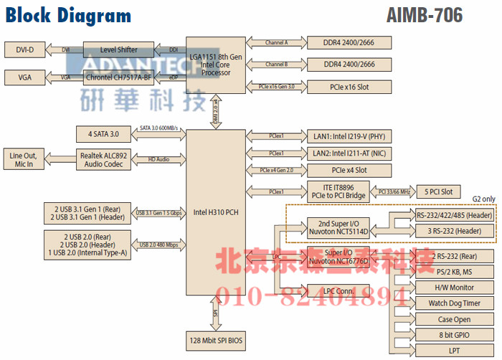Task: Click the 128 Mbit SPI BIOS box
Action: pos(215,338)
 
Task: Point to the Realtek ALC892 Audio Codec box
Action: pos(105,159)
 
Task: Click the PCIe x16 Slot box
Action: pos(349,87)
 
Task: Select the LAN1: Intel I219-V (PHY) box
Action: pos(349,136)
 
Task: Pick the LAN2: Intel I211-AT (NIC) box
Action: pos(349,153)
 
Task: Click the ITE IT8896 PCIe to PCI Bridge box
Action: pos(349,191)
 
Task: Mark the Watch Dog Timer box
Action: pos(455,303)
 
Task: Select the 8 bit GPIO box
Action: pos(455,335)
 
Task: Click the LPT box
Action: pos(455,351)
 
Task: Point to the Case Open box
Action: pos(455,319)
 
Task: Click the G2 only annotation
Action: pos(483,198)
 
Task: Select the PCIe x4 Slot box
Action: pos(349,170)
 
